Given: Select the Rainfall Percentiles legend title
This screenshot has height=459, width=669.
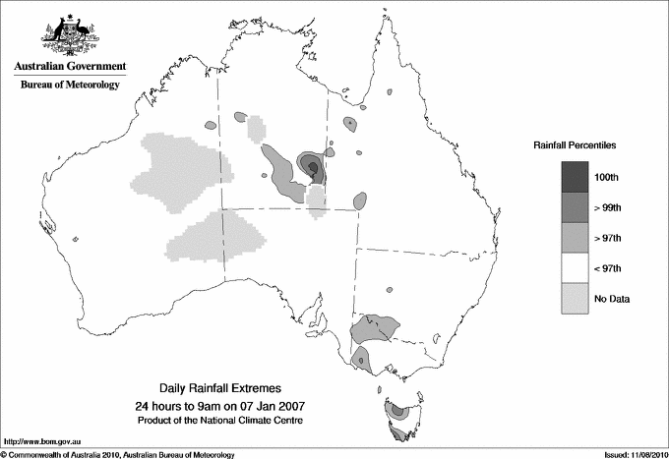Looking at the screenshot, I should pos(576,144).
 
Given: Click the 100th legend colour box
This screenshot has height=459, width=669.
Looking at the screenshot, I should pos(576,176).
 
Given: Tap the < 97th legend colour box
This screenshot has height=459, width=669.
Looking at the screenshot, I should pos(576,267).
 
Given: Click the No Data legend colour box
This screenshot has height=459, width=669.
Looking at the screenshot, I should pos(576,298).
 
